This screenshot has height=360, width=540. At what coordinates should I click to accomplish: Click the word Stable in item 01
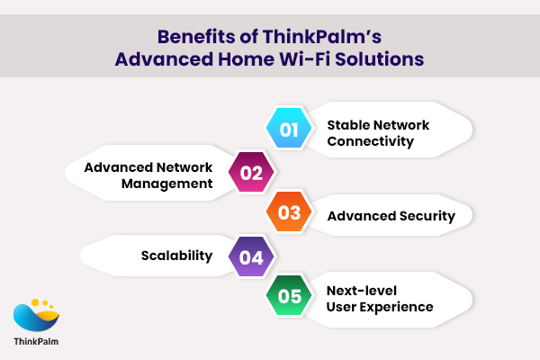(x=347, y=124)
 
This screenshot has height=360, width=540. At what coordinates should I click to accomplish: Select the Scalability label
(x=175, y=256)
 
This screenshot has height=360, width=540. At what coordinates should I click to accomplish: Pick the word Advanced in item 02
(x=121, y=166)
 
